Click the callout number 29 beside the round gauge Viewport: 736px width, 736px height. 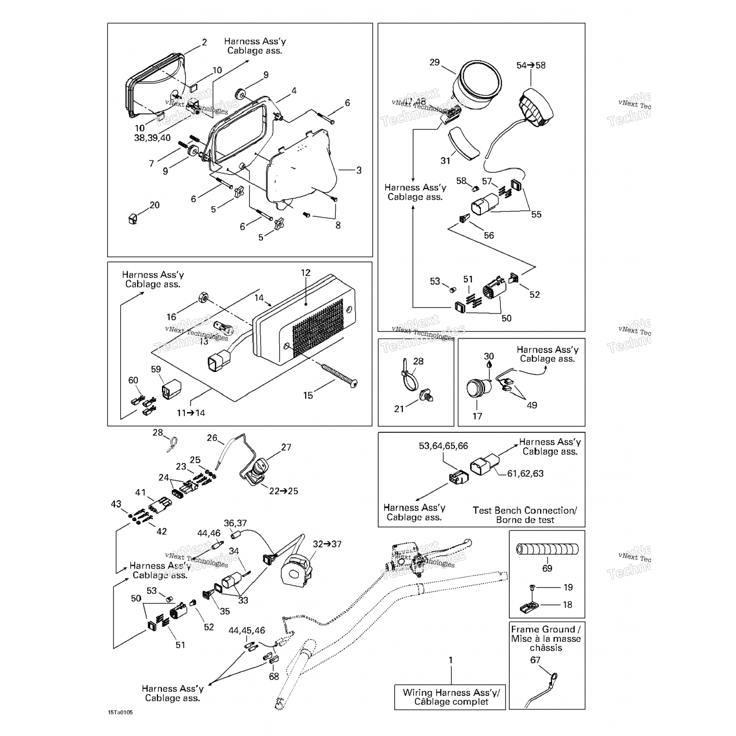(x=434, y=62)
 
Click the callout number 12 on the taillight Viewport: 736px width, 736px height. (x=306, y=273)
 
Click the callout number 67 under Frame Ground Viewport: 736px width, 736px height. (x=535, y=660)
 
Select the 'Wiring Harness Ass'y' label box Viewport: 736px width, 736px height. (x=450, y=697)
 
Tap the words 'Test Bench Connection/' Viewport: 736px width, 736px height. (x=525, y=510)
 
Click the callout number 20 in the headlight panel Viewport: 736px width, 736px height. (x=155, y=205)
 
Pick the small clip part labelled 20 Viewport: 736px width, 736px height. (x=132, y=218)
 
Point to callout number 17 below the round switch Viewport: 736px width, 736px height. (x=477, y=416)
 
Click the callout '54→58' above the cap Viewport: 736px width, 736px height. (x=530, y=65)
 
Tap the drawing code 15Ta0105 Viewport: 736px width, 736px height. (x=121, y=712)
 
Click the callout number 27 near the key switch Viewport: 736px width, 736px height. (x=286, y=447)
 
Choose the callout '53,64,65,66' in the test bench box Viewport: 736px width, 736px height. (x=443, y=446)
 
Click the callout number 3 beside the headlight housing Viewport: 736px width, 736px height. (x=359, y=170)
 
